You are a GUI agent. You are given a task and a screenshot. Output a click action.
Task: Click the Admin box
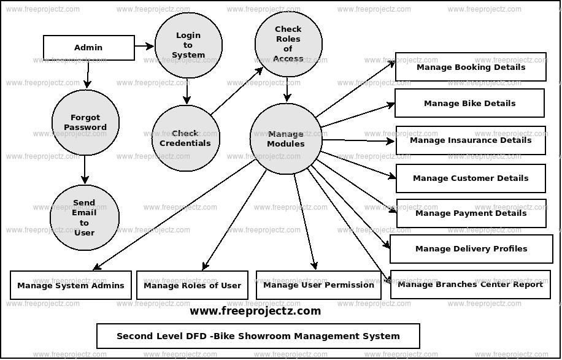point(88,48)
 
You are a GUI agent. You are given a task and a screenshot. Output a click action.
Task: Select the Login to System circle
point(188,45)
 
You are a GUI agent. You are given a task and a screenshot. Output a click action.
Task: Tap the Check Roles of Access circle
point(288,44)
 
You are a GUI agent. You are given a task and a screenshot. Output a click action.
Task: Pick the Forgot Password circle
point(85,123)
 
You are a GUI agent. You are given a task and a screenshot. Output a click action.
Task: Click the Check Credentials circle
point(185,138)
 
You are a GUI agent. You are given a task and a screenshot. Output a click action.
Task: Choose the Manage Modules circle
point(286,139)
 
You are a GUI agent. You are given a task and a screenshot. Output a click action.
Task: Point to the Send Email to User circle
point(84,218)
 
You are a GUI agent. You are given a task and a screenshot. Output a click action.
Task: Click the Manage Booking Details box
point(471,67)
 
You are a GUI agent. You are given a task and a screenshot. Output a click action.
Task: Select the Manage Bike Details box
point(469,103)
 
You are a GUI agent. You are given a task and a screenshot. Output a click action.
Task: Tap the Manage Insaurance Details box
point(471,140)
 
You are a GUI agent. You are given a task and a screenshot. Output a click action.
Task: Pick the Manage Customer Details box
point(471,178)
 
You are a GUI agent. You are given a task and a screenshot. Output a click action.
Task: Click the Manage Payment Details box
point(471,213)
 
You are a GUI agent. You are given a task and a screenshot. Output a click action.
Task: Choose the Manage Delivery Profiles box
point(471,249)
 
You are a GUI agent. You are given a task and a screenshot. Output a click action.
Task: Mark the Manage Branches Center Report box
point(470,285)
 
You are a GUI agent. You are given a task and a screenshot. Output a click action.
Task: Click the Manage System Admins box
point(71,285)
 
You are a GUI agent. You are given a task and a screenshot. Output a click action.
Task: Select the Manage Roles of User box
point(192,285)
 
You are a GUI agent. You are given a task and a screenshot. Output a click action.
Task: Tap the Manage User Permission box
point(318,285)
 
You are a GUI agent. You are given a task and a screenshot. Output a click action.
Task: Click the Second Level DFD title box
point(258,336)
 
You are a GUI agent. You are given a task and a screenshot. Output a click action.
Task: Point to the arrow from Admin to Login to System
point(144,46)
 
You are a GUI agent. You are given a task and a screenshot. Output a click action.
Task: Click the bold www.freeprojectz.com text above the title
point(255,311)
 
